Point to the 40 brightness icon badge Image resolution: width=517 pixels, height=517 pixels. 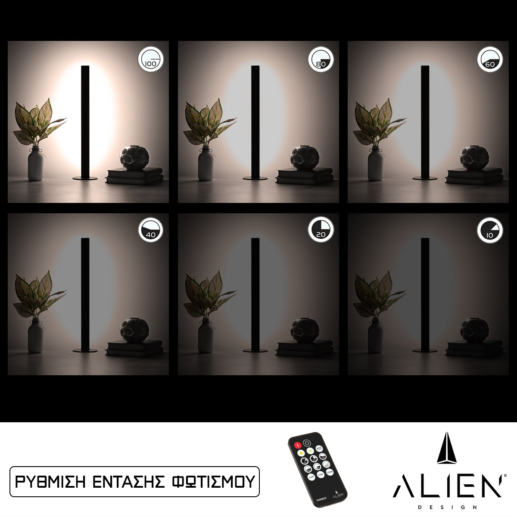tap(151, 230)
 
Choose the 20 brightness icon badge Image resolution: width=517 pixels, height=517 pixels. tap(321, 230)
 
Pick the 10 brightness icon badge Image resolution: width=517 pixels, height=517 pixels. tap(490, 230)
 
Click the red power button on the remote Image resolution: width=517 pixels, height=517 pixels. tap(297, 445)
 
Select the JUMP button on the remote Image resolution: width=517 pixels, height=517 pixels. tap(311, 477)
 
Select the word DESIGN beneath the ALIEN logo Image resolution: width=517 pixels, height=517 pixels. tap(447, 508)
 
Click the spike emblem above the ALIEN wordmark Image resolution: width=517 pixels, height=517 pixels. tap(447, 448)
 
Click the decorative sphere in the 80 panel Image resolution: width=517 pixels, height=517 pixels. tap(304, 158)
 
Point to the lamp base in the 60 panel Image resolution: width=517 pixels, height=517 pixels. tap(424, 178)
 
